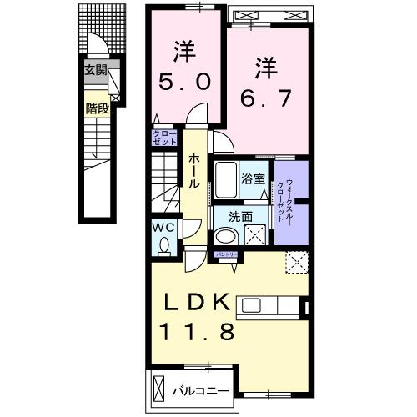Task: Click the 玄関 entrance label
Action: (95, 71)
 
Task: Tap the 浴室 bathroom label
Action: (254, 177)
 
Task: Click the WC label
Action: (163, 226)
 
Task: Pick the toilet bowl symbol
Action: (163, 245)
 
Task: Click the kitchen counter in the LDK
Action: (272, 306)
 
